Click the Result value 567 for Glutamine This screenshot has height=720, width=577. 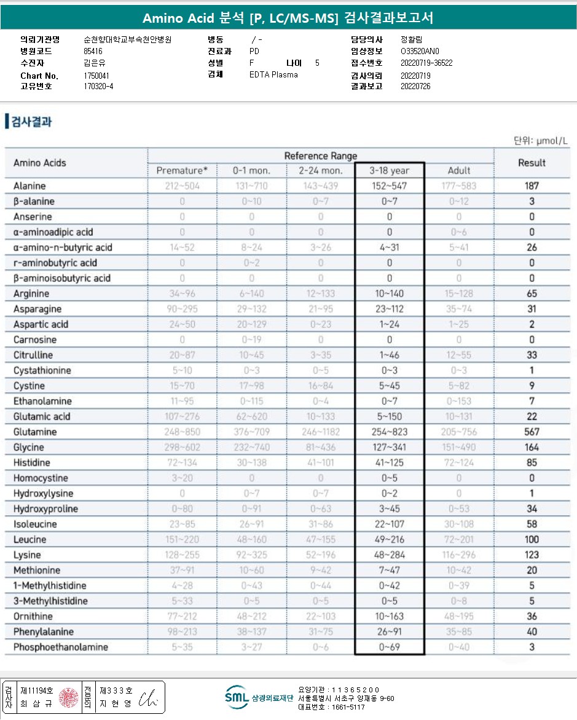[532, 432]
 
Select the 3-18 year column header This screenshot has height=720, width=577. [390, 170]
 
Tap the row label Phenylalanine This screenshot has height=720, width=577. [44, 631]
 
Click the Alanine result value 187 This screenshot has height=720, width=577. [532, 186]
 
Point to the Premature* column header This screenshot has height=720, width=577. [183, 170]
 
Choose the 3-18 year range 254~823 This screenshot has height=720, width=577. [390, 432]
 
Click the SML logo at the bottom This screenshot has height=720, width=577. [237, 697]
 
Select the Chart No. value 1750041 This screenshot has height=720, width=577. [98, 76]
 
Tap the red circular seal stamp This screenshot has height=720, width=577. [69, 697]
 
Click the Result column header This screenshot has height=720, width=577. [532, 163]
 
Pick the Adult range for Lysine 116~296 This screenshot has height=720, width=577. [459, 555]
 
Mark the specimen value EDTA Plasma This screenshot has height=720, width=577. [273, 74]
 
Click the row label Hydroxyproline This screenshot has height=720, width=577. [44, 508]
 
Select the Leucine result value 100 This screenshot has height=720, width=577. [532, 539]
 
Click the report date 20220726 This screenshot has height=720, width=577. [415, 86]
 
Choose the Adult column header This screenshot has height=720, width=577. [459, 170]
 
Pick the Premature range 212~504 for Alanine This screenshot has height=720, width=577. [183, 186]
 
